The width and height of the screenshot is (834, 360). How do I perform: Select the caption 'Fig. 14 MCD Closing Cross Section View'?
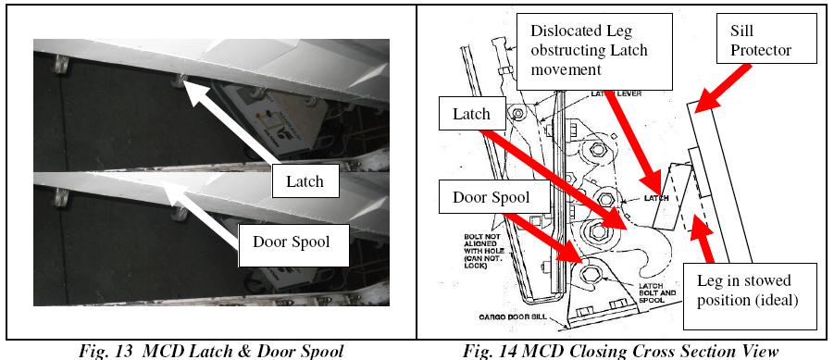(x=623, y=350)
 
